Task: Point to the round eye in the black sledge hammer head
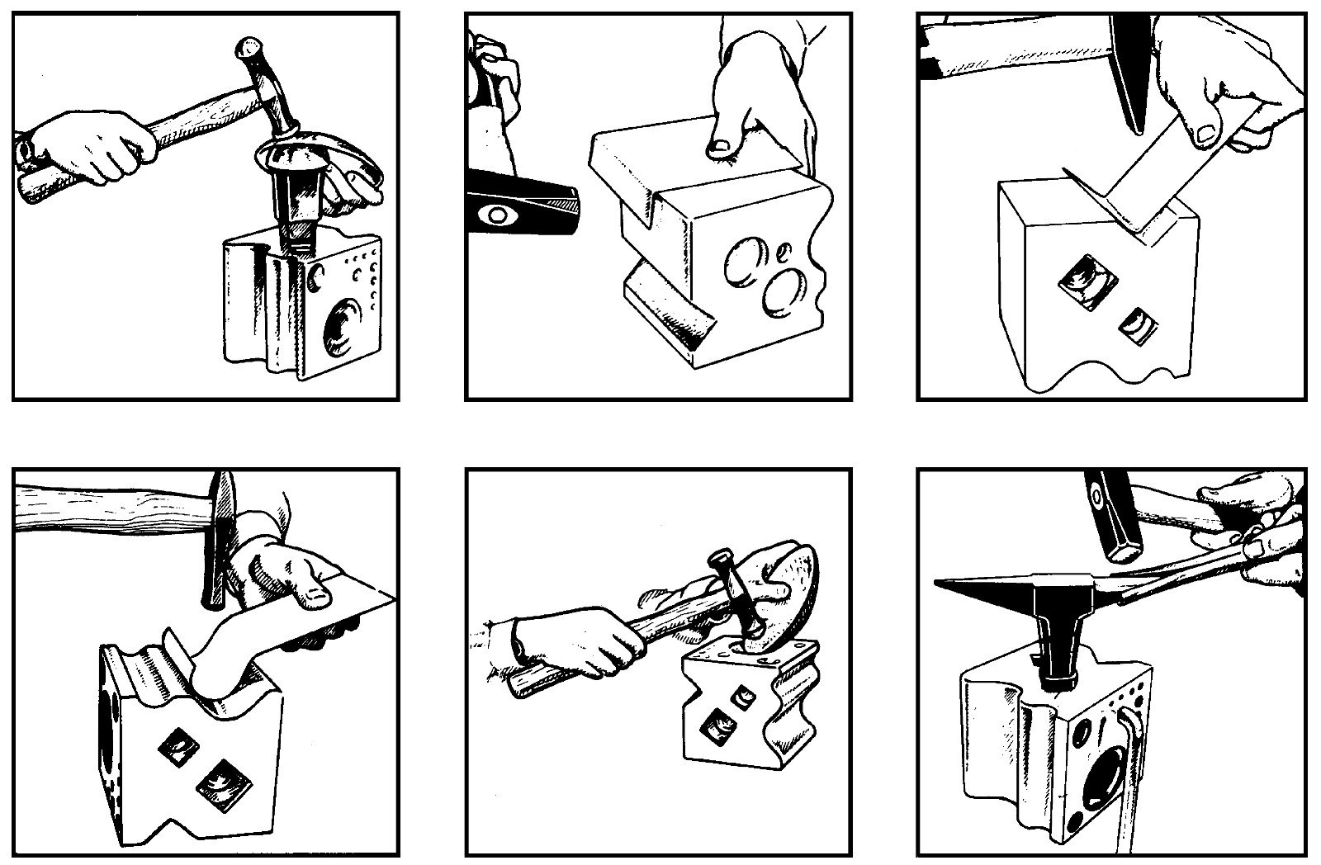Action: point(499,214)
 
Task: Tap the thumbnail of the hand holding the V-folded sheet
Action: point(1206,130)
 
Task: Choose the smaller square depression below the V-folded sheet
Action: point(1137,323)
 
